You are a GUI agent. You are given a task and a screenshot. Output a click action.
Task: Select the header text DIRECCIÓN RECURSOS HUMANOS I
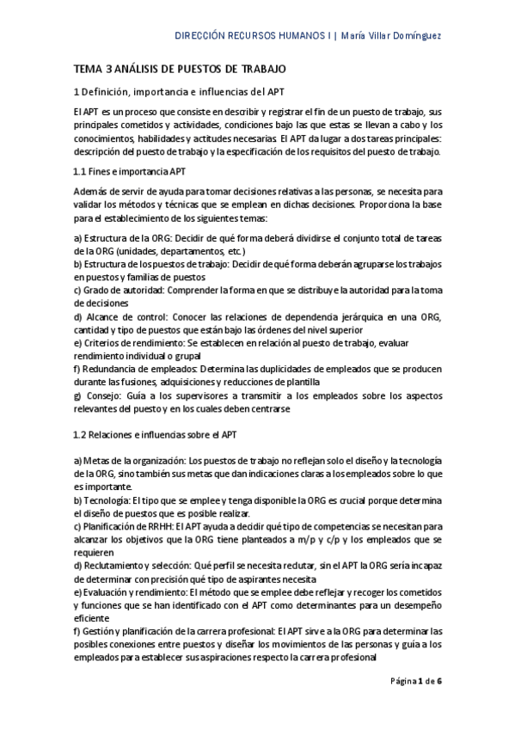click(x=253, y=36)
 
